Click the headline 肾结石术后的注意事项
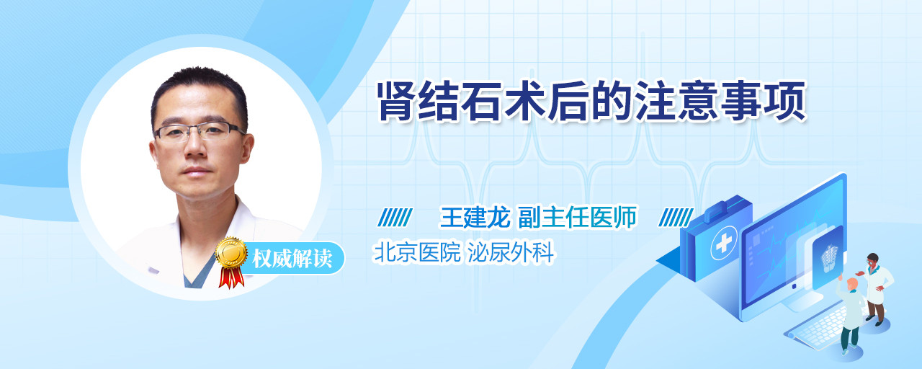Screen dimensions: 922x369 coord(592,102)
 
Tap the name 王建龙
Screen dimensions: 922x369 coord(475,217)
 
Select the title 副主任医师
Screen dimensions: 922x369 coord(577,217)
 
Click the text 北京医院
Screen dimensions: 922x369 coord(417,252)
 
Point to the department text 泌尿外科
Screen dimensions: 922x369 coord(511,252)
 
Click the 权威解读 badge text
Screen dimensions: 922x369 coord(292,259)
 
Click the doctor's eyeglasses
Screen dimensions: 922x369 coord(200,131)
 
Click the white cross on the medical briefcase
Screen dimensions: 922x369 coord(723,244)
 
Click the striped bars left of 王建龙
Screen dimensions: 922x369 coord(395,218)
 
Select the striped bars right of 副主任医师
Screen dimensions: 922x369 coord(676,218)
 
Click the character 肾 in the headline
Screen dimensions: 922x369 coord(397,102)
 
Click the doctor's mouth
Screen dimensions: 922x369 coord(196,169)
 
